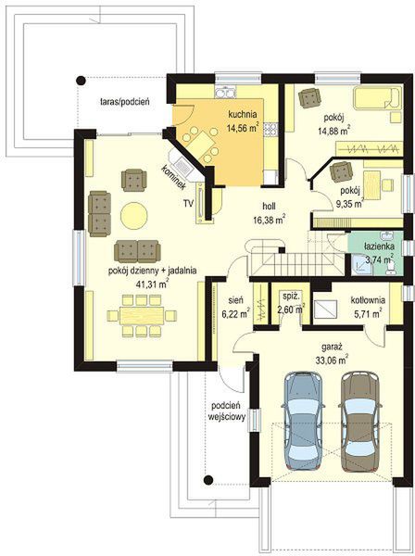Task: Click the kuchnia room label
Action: (x=243, y=115)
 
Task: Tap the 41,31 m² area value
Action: (x=152, y=284)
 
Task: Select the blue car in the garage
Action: (x=304, y=421)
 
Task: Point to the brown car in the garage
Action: (x=360, y=421)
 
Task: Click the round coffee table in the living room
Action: (x=134, y=216)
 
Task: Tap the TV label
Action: (x=188, y=203)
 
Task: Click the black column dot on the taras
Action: (x=82, y=81)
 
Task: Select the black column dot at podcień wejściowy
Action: (x=208, y=480)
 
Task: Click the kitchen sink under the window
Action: (x=225, y=92)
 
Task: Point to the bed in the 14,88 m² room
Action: (x=377, y=97)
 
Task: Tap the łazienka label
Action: (x=379, y=246)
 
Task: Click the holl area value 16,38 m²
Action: (x=270, y=221)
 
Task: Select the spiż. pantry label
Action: (x=290, y=296)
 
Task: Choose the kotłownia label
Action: (x=368, y=300)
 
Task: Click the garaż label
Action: (x=332, y=347)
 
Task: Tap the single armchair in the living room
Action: (x=133, y=180)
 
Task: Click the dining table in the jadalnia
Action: (x=142, y=316)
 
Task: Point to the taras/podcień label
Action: (x=125, y=102)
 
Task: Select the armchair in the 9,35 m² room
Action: (x=341, y=172)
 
